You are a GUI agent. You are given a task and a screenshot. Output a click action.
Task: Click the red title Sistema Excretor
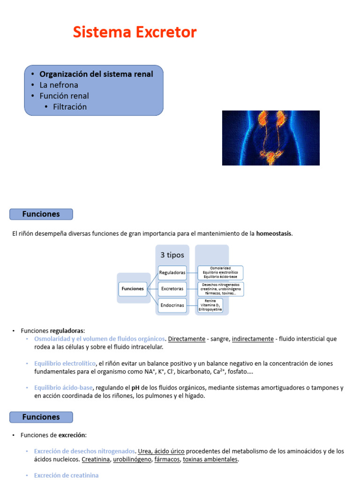[x=135, y=32]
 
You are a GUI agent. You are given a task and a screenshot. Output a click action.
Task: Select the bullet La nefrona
[x=59, y=85]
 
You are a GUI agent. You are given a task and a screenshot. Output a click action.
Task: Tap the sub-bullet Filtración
[x=70, y=106]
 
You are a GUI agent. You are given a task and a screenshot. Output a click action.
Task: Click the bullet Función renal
[x=64, y=96]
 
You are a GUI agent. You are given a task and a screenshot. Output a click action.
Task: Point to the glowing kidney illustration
[x=270, y=138]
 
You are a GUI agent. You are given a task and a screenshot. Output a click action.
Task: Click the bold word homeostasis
[x=274, y=233]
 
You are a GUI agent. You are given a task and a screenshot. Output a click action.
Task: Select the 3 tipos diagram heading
[x=172, y=255]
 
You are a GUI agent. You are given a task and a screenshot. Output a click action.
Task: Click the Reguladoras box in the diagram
[x=172, y=272]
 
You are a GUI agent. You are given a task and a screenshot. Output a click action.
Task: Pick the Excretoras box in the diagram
[x=172, y=289]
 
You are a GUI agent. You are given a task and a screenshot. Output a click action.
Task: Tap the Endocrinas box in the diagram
[x=172, y=305]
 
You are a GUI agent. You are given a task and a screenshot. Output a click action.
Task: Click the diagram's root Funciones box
[x=133, y=289]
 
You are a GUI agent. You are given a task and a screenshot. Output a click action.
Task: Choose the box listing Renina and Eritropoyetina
[x=210, y=305]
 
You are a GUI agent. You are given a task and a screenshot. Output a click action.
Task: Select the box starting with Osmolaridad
[x=220, y=272]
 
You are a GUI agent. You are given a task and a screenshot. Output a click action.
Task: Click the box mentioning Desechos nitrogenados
[x=220, y=289]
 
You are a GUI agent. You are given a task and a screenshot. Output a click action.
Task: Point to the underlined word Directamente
[x=187, y=339]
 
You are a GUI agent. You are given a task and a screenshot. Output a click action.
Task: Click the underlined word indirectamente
[x=253, y=339]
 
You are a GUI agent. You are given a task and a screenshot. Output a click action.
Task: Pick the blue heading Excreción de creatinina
[x=66, y=475]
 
